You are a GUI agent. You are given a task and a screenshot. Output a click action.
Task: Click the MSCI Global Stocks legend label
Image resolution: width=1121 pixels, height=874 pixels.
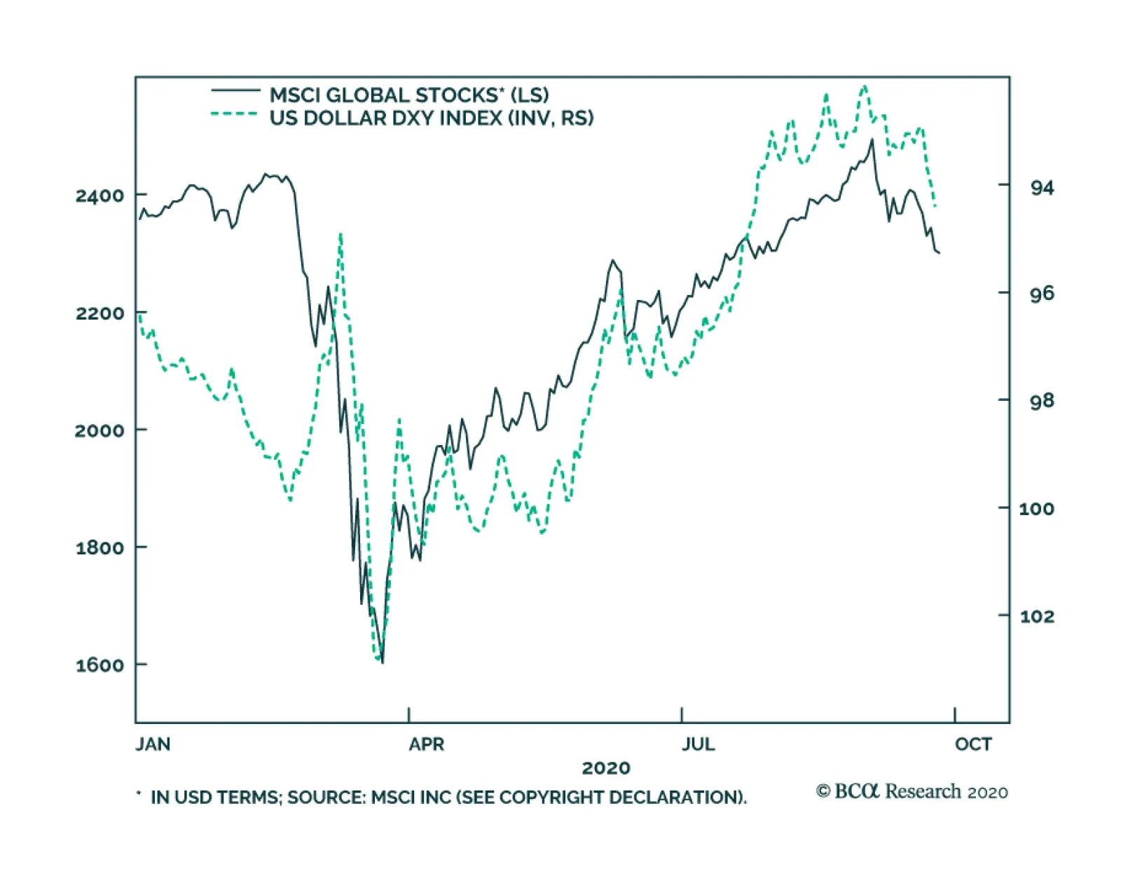pyautogui.click(x=409, y=95)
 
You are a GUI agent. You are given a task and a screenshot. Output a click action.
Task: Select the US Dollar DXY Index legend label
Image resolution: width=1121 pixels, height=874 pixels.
pyautogui.click(x=432, y=118)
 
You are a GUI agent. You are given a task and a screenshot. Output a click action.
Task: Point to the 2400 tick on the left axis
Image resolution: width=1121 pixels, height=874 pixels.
pyautogui.click(x=99, y=195)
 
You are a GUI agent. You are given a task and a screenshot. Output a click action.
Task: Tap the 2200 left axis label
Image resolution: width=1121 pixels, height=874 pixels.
pyautogui.click(x=99, y=313)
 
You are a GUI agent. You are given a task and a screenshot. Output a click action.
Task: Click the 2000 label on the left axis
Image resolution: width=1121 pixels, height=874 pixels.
pyautogui.click(x=99, y=430)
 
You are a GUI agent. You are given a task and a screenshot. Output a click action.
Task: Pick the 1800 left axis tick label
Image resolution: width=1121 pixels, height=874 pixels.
pyautogui.click(x=99, y=547)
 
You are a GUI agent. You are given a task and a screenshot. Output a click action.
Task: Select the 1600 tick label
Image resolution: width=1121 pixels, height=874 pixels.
pyautogui.click(x=99, y=665)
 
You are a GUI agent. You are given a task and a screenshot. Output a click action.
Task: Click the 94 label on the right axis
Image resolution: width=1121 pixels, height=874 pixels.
pyautogui.click(x=1041, y=187)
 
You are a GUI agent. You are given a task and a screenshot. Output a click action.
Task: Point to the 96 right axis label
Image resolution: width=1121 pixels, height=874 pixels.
pyautogui.click(x=1041, y=293)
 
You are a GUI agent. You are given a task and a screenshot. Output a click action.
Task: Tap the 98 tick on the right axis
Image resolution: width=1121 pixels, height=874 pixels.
pyautogui.click(x=1041, y=400)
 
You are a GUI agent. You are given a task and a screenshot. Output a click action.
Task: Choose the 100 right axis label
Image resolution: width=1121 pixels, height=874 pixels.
pyautogui.click(x=1036, y=508)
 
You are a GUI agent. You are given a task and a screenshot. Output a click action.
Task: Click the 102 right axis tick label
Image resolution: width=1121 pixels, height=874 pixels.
pyautogui.click(x=1036, y=616)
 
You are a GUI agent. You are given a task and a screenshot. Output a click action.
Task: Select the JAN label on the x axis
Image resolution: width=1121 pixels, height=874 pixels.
pyautogui.click(x=153, y=744)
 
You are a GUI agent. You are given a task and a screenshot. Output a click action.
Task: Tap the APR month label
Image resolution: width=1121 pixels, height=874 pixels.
pyautogui.click(x=426, y=744)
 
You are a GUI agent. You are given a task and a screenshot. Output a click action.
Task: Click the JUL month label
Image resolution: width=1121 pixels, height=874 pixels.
pyautogui.click(x=698, y=744)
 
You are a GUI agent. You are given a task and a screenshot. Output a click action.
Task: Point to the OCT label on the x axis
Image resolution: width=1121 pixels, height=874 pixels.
pyautogui.click(x=973, y=744)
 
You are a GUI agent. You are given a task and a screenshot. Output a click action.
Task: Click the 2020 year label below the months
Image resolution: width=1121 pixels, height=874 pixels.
pyautogui.click(x=606, y=768)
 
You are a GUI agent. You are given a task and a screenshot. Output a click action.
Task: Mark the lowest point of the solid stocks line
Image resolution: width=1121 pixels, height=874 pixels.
pyautogui.click(x=382, y=662)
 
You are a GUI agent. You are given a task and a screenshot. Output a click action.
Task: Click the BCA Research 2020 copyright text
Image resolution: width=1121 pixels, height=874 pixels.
pyautogui.click(x=912, y=791)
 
